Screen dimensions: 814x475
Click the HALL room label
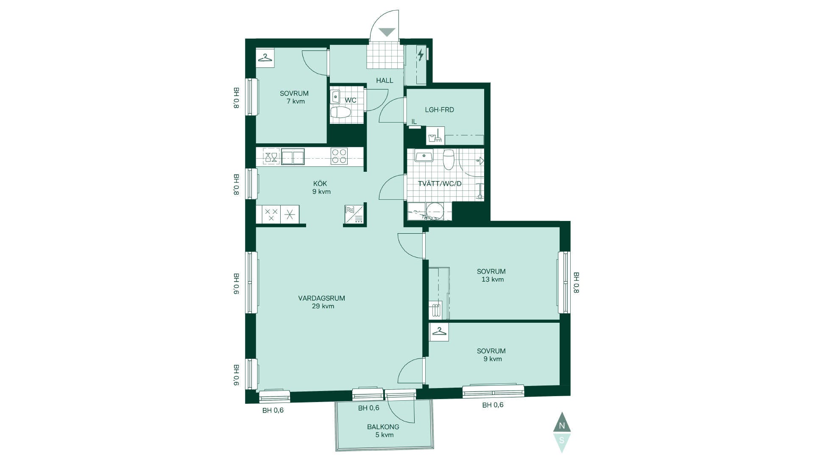pos(385,80)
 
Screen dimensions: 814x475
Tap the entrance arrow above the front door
pos(387,32)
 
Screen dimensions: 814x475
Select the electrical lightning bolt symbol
pos(421,55)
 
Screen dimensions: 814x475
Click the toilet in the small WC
pos(341,113)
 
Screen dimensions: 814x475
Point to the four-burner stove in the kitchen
pos(339,156)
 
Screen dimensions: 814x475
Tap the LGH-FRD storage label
pos(440,110)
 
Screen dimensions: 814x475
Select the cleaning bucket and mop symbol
pos(435,136)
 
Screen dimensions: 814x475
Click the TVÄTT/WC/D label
pos(440,184)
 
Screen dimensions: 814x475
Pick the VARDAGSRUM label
pos(321,298)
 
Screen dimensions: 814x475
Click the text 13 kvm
pos(493,279)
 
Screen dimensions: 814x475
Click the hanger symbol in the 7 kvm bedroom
pos(265,58)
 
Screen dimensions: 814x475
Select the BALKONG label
pos(383,427)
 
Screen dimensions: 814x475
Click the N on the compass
pos(562,426)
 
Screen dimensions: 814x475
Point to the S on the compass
pos(562,440)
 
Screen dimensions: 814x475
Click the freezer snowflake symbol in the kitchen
pos(290,214)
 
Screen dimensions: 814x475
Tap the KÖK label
pos(320,184)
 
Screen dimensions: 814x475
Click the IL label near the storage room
pos(414,122)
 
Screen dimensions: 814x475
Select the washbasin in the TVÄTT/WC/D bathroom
pos(424,156)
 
